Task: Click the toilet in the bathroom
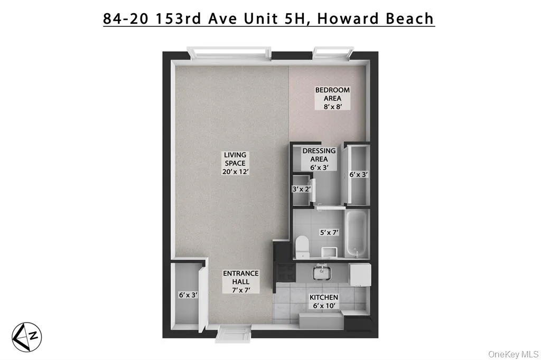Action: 302,247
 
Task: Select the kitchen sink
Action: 321,272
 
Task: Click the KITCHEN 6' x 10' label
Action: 323,301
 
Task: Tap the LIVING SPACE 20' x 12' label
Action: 235,163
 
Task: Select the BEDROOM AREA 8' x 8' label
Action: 332,98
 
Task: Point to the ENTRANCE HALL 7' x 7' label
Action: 240,281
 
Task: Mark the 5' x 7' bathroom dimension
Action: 329,232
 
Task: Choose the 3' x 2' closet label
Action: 301,188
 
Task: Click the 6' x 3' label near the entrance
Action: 188,295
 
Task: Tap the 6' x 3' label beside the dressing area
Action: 358,174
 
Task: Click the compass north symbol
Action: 27,336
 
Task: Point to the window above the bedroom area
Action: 333,52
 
